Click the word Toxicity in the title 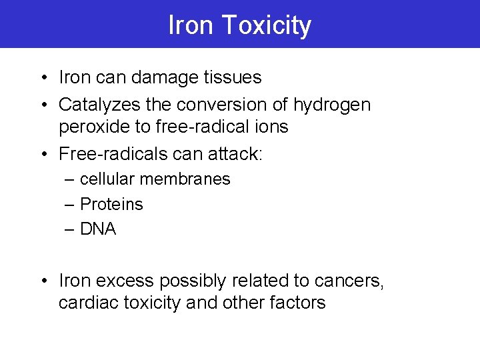266,26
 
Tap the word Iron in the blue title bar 191,25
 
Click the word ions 273,127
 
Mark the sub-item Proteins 111,205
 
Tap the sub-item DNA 98,229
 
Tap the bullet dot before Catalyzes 43,105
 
